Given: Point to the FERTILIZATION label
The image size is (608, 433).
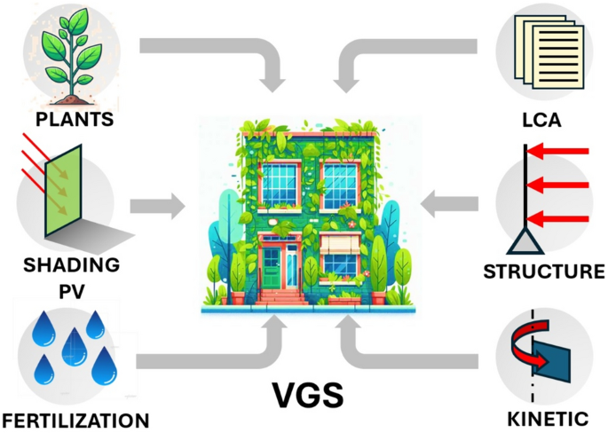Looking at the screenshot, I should click(75, 419).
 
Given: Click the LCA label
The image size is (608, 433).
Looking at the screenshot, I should click(541, 119).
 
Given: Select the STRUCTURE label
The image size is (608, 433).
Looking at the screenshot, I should click(543, 272).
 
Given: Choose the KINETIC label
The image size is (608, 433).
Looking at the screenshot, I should click(543, 419).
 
